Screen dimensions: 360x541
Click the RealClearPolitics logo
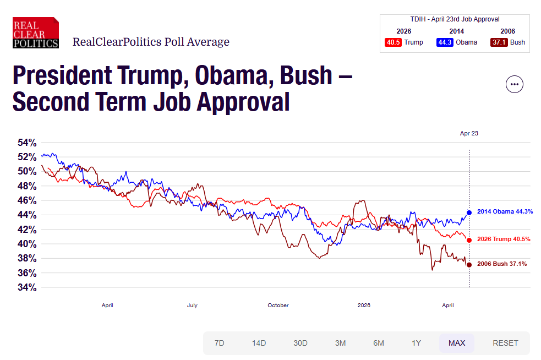(x=36, y=32)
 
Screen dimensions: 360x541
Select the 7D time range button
(x=219, y=343)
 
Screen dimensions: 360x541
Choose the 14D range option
(x=259, y=343)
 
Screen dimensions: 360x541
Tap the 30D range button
(x=300, y=343)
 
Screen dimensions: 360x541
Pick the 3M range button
(x=340, y=343)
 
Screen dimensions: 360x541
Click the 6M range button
(x=378, y=343)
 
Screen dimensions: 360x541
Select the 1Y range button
(x=416, y=343)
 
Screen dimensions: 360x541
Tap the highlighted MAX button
(x=456, y=343)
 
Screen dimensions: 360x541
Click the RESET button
(x=505, y=343)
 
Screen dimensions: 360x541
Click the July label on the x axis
(x=192, y=305)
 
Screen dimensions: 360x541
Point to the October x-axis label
(x=278, y=305)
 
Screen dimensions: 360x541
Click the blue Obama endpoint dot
(x=469, y=212)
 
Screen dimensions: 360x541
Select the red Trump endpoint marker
(x=469, y=240)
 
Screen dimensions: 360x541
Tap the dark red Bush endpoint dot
(x=469, y=265)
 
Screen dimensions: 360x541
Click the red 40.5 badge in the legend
(x=392, y=42)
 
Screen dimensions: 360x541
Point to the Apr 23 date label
(x=469, y=133)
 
